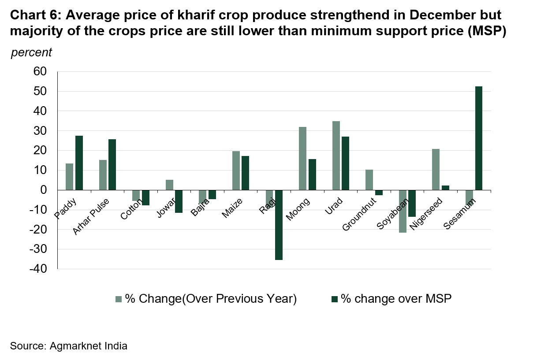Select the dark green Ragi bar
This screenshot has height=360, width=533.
pyautogui.click(x=279, y=225)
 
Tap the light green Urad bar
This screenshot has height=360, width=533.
pyautogui.click(x=336, y=156)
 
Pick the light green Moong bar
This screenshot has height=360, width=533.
pyautogui.click(x=303, y=158)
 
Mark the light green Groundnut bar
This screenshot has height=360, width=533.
pyautogui.click(x=369, y=179)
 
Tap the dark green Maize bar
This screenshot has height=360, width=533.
pyautogui.click(x=245, y=173)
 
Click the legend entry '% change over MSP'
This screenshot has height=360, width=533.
pyautogui.click(x=391, y=299)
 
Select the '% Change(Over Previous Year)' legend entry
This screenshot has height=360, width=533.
pyautogui.click(x=206, y=299)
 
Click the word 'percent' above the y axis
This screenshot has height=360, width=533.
pyautogui.click(x=31, y=52)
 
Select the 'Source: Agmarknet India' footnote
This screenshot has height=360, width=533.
pyautogui.click(x=69, y=346)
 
